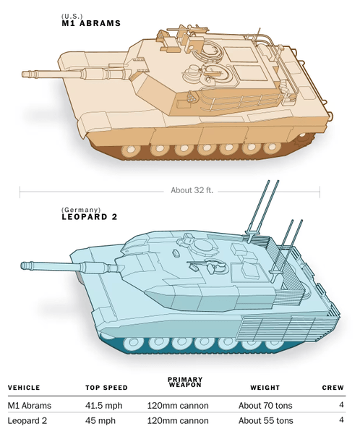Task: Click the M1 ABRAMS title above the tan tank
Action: [x=91, y=23]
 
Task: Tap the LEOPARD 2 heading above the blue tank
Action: [x=90, y=217]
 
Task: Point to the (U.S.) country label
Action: [x=72, y=17]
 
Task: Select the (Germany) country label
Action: [x=81, y=210]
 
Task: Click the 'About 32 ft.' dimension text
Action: [x=192, y=190]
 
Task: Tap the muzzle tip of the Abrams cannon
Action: [x=22, y=75]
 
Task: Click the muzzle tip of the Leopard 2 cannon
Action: [x=22, y=265]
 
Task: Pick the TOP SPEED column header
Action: [x=106, y=388]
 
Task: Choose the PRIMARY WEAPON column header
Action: [x=185, y=382]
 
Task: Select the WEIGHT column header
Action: [x=265, y=388]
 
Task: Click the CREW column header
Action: [x=333, y=388]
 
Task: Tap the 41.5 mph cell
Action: [x=104, y=406]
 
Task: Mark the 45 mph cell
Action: [x=100, y=421]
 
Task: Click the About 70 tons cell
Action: [x=265, y=406]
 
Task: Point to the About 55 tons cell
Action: [x=265, y=421]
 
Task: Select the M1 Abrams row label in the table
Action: [x=30, y=406]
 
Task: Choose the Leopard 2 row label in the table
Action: [x=27, y=421]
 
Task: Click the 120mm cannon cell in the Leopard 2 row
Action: [x=178, y=421]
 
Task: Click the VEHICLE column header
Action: [x=24, y=388]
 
